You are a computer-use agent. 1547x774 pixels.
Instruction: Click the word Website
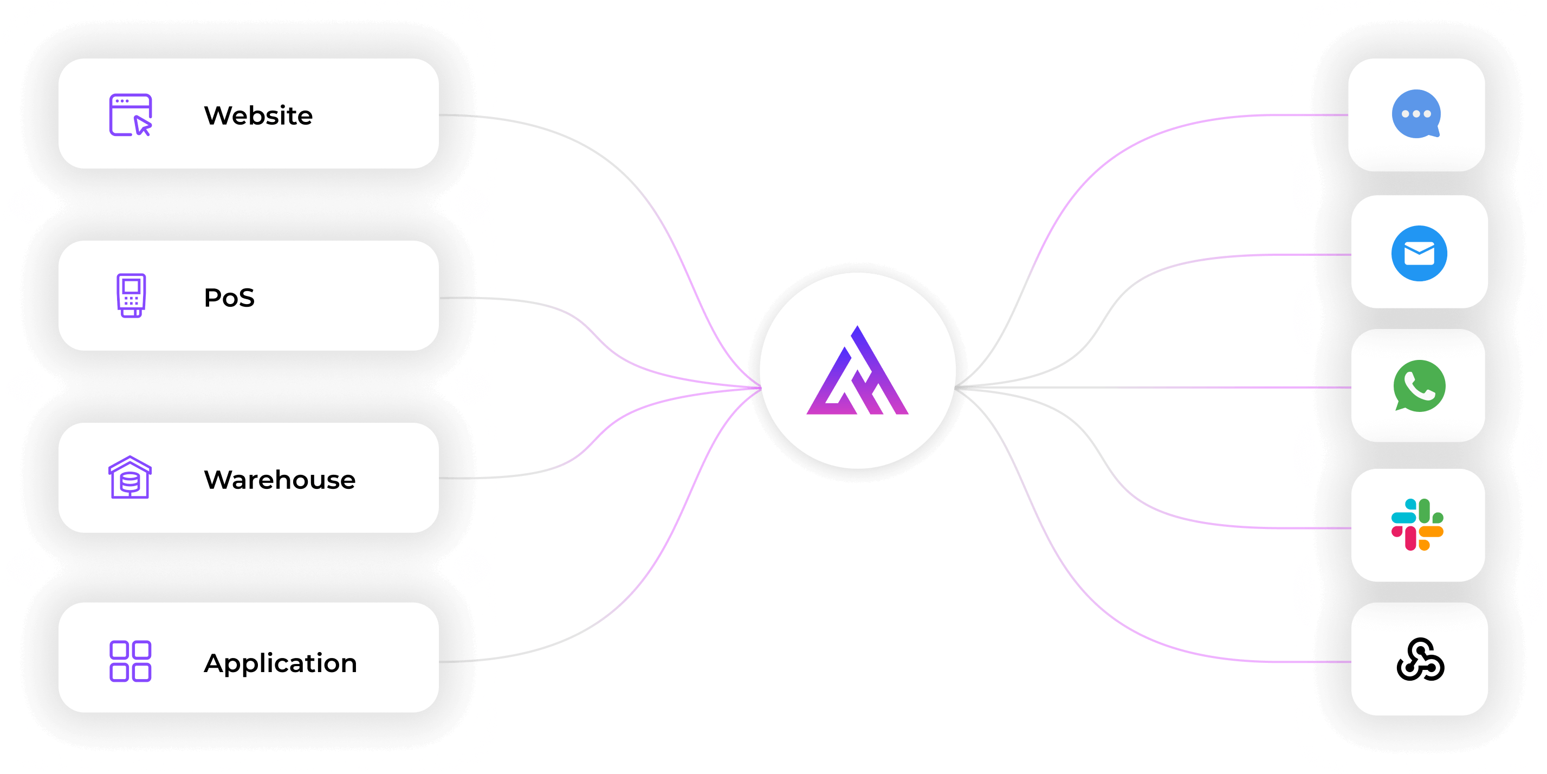click(x=258, y=115)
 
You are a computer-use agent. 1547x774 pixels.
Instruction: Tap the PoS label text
click(x=229, y=298)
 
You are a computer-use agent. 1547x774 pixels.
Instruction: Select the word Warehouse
click(x=279, y=480)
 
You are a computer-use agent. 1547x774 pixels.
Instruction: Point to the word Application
click(x=281, y=663)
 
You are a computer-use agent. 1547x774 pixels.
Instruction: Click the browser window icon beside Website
click(x=131, y=115)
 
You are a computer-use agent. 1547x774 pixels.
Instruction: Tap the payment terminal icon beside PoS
click(x=131, y=295)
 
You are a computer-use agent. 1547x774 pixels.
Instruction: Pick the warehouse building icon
click(x=130, y=478)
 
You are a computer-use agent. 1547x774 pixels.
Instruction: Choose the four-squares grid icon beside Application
click(x=131, y=661)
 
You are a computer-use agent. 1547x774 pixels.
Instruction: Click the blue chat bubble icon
click(x=1416, y=114)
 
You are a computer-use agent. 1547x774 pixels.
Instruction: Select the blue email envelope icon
click(x=1419, y=254)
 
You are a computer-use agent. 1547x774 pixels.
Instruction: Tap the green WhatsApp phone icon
click(x=1419, y=386)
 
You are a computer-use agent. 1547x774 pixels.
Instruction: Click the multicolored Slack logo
click(x=1417, y=525)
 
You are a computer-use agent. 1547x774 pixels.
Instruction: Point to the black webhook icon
click(x=1420, y=660)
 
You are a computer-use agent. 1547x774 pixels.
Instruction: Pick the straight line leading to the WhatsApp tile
click(x=1171, y=388)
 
